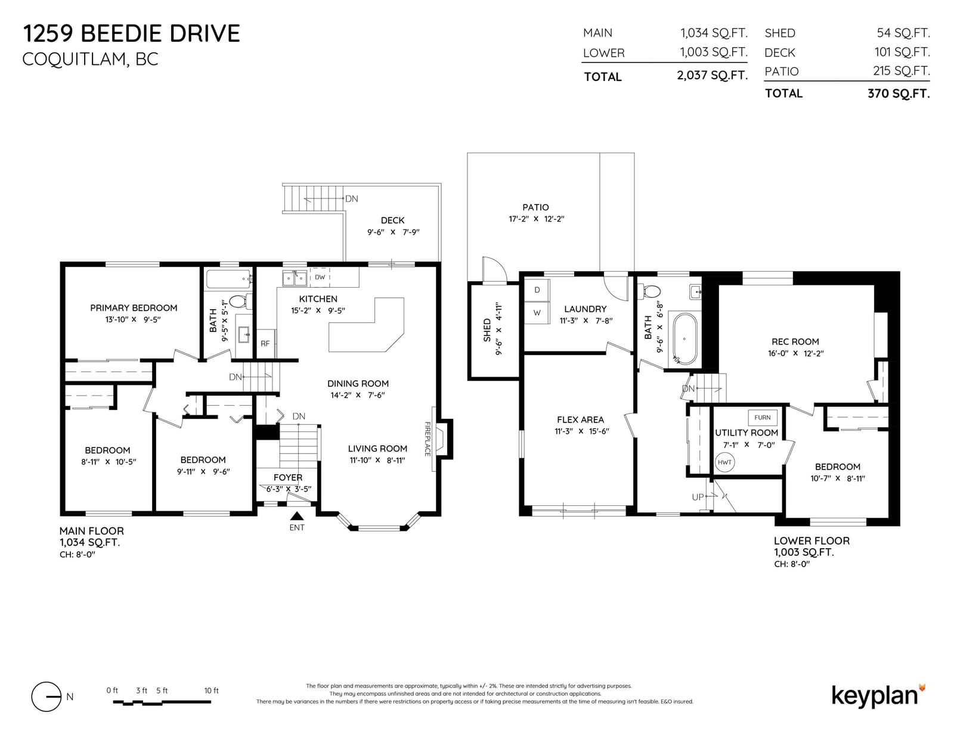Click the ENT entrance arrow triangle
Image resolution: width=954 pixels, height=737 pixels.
point(297,516)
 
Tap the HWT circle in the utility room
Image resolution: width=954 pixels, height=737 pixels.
point(724,462)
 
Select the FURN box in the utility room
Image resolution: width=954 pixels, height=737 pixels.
point(763,418)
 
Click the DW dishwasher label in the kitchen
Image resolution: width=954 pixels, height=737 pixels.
point(320,277)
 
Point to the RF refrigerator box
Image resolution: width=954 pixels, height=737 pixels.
point(265,344)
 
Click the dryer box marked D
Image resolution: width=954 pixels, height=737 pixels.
point(537,290)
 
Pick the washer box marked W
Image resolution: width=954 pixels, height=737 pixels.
point(537,313)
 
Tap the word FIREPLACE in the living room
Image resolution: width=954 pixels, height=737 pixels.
point(427,439)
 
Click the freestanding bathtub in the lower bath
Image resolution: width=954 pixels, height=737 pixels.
point(683,338)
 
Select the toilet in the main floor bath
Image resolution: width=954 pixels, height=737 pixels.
point(240,301)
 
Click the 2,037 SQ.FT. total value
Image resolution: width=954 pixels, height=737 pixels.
point(712,76)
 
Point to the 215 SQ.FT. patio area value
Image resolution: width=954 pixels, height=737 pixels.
point(902,71)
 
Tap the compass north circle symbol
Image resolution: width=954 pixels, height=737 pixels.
point(46,696)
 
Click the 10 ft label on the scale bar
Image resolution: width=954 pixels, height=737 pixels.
point(211,691)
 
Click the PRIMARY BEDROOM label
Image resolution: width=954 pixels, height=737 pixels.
point(134,308)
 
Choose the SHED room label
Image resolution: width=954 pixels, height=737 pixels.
point(487,330)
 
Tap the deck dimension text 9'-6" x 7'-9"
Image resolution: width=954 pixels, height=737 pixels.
point(394,232)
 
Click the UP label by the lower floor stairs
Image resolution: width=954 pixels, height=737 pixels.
point(698,497)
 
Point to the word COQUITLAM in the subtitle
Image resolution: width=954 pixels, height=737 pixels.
point(75,59)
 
